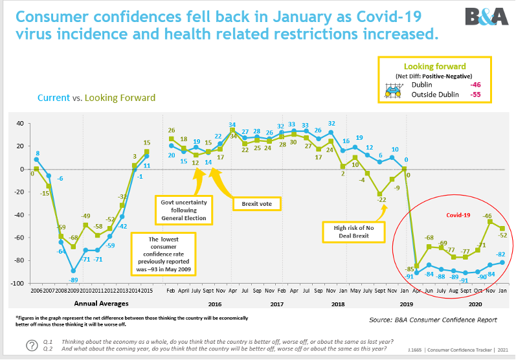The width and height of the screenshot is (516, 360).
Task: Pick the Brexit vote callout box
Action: click(x=256, y=203)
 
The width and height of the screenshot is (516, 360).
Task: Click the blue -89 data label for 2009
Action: click(x=74, y=280)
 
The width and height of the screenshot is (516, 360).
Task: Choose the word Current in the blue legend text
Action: click(x=53, y=98)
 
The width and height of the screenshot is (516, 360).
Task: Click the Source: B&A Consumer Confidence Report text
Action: click(x=433, y=319)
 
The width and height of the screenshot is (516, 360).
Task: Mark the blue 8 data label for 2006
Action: click(x=38, y=153)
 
